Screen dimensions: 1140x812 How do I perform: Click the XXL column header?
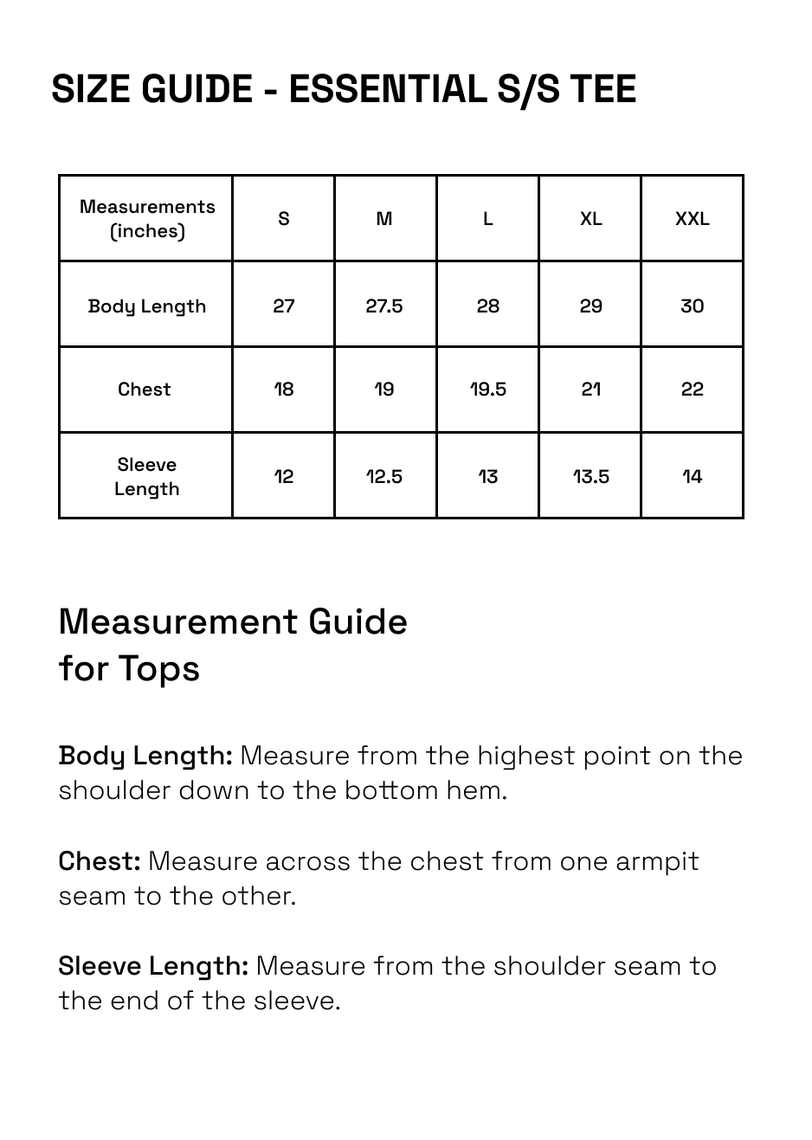pyautogui.click(x=692, y=219)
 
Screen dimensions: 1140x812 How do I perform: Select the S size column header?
pyautogui.click(x=284, y=219)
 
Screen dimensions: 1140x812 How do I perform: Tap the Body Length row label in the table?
pyautogui.click(x=147, y=306)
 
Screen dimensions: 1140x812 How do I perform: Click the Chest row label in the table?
pyautogui.click(x=145, y=390)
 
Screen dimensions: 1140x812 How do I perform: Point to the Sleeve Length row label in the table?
pyautogui.click(x=147, y=477)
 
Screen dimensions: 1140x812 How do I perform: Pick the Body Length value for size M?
pyautogui.click(x=384, y=306)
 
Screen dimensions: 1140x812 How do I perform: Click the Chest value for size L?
pyautogui.click(x=487, y=390)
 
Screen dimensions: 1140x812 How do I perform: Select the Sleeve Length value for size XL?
pyautogui.click(x=590, y=477)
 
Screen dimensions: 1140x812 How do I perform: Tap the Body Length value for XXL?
pyautogui.click(x=692, y=306)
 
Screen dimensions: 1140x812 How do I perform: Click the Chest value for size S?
pyautogui.click(x=284, y=390)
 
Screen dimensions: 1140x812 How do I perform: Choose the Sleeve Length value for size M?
pyautogui.click(x=384, y=477)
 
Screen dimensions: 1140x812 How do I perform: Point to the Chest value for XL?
pyautogui.click(x=590, y=390)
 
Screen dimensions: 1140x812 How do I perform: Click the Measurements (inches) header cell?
pyautogui.click(x=147, y=219)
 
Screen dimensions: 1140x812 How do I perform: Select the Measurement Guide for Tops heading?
pyautogui.click(x=232, y=645)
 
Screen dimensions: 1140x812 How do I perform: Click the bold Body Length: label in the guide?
pyautogui.click(x=145, y=756)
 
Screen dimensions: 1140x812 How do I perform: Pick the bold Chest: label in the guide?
pyautogui.click(x=100, y=861)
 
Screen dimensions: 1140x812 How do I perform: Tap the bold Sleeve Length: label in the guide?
pyautogui.click(x=153, y=966)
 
